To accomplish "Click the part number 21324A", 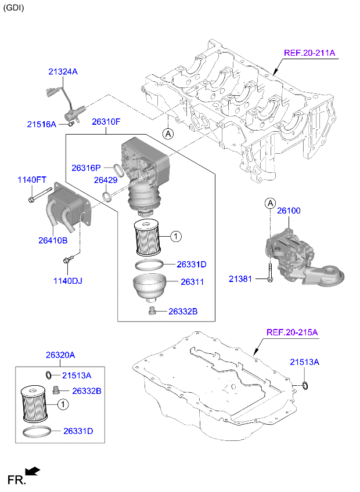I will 62,71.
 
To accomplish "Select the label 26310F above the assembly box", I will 106,122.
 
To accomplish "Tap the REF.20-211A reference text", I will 309,53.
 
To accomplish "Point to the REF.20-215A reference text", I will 291,332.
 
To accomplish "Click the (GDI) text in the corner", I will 15,8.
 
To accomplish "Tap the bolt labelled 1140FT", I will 33,201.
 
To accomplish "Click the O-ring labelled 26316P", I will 118,169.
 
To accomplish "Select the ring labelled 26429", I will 107,196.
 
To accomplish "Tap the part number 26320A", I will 60,355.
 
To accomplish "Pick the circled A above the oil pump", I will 269,203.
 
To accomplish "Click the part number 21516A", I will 41,124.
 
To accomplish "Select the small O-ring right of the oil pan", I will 305,385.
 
